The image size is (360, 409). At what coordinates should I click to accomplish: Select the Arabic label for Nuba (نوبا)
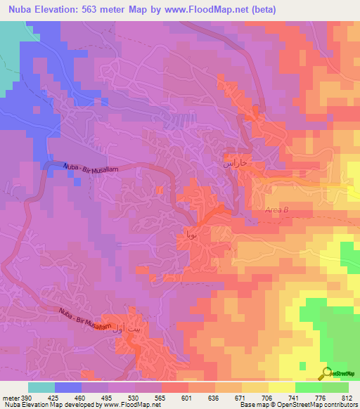(190, 235)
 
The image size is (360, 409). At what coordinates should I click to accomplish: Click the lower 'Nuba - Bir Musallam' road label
(84, 320)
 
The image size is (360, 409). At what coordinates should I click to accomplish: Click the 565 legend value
(160, 398)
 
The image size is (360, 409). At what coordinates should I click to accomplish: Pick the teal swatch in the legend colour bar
(41, 387)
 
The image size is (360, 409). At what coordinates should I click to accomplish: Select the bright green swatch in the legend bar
(309, 387)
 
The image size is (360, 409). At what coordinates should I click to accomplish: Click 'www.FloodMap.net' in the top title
(212, 9)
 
